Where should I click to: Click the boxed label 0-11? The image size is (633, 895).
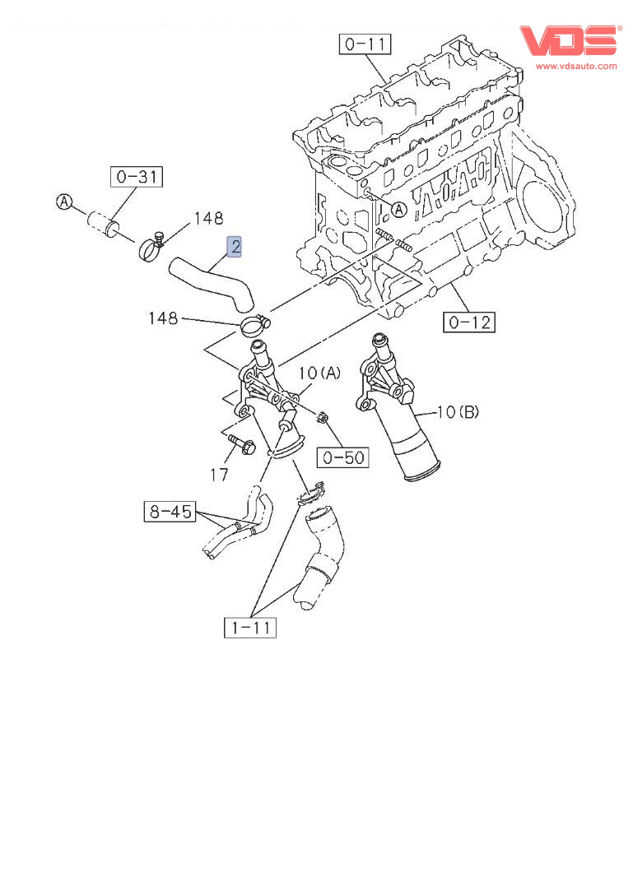coord(365,44)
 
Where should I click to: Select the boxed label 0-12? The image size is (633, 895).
coord(468,322)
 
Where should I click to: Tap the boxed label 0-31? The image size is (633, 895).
coord(137,176)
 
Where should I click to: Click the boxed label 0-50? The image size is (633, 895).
coord(344,457)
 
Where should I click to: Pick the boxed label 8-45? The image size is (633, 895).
coord(170,512)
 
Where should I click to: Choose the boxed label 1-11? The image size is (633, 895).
coord(250,628)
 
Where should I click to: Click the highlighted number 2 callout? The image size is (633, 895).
coord(235,246)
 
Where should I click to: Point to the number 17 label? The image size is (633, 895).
coord(219,475)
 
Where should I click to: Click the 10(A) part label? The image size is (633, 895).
coord(319,373)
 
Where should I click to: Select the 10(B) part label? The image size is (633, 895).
coord(457,412)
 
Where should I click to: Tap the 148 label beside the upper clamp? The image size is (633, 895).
coord(208,218)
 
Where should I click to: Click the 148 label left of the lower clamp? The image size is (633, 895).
coord(163,318)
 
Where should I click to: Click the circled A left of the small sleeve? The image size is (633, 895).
coord(65,202)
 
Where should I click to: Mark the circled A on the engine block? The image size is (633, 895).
coord(398,210)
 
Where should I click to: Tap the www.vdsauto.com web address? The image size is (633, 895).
coord(575,65)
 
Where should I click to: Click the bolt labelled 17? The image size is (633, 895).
coord(240,444)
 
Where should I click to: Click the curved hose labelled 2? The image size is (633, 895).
coord(209,282)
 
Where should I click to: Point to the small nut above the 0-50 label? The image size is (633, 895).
coord(324,418)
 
